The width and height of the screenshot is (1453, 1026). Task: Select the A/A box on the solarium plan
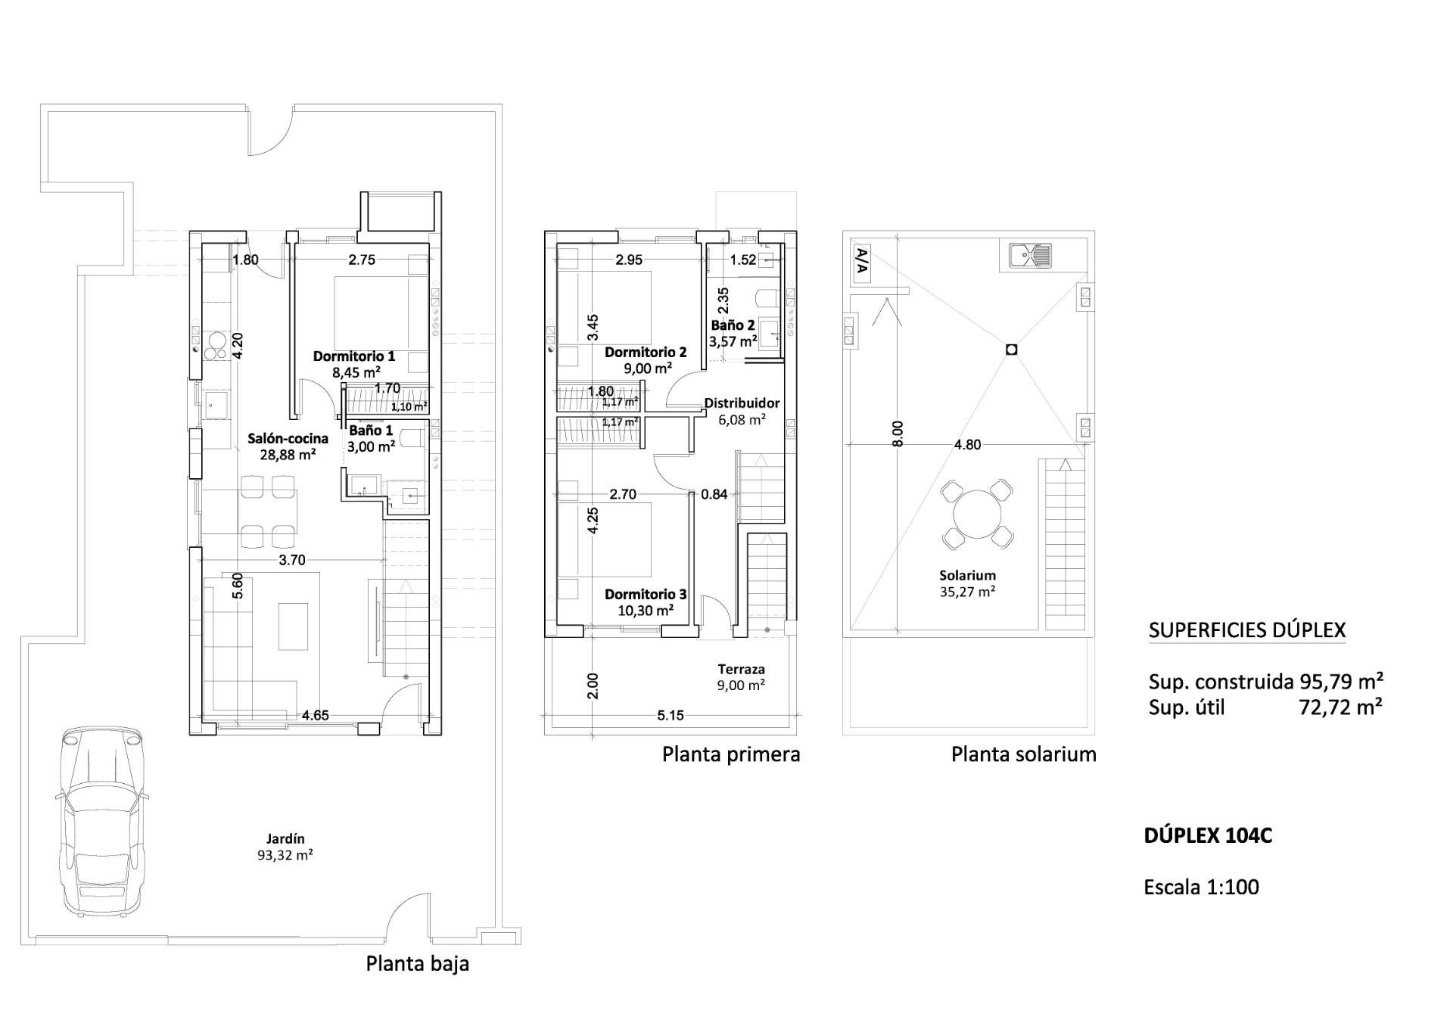click(x=861, y=263)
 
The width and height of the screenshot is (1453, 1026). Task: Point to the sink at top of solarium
click(x=1030, y=256)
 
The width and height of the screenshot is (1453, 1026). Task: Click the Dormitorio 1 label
click(x=354, y=356)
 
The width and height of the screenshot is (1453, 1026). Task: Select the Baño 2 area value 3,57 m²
click(x=733, y=341)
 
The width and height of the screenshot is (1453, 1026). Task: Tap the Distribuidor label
click(x=742, y=403)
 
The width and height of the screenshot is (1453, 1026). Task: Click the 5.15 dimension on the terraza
click(x=670, y=715)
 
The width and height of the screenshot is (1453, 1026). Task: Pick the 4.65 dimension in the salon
click(x=316, y=715)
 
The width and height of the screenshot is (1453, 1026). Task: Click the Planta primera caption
click(x=731, y=754)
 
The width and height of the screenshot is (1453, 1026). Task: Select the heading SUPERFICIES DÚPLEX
click(x=1247, y=630)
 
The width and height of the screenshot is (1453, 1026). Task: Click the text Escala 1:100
click(x=1201, y=887)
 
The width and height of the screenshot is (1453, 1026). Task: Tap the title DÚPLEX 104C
click(x=1208, y=836)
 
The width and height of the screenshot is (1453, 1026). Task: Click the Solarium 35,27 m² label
click(x=967, y=583)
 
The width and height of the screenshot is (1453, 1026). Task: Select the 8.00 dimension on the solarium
click(x=898, y=434)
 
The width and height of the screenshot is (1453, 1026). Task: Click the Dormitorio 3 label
click(x=646, y=595)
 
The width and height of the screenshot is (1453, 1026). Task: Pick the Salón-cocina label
click(x=288, y=438)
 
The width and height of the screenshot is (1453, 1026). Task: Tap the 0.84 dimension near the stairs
click(x=714, y=494)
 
